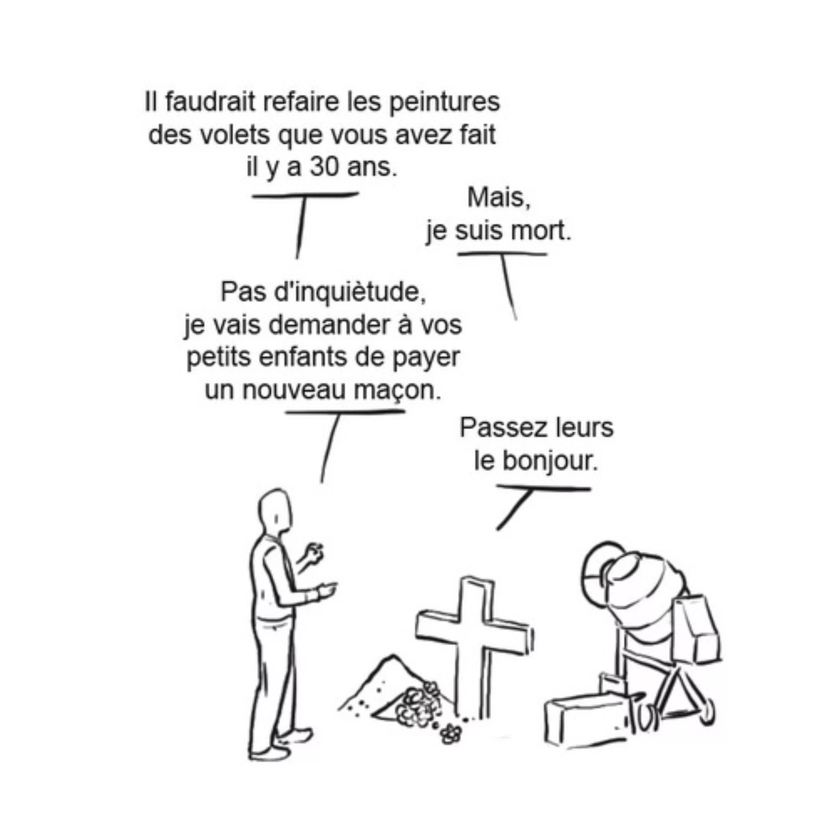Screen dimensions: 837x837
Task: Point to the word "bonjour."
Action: [x=549, y=461]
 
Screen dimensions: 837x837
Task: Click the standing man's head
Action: [x=275, y=512]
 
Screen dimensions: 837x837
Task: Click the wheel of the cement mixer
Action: [x=706, y=710]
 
